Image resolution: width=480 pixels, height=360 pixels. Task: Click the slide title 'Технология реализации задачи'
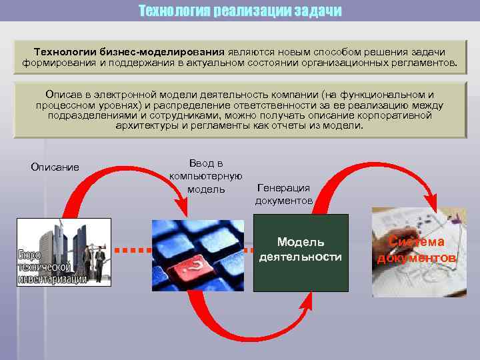pyautogui.click(x=240, y=11)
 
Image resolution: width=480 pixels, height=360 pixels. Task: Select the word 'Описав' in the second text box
pyautogui.click(x=63, y=95)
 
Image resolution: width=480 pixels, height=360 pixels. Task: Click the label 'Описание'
pyautogui.click(x=55, y=167)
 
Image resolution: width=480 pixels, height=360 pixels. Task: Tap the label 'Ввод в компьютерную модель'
pyautogui.click(x=205, y=175)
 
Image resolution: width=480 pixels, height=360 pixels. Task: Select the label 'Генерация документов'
pyautogui.click(x=283, y=194)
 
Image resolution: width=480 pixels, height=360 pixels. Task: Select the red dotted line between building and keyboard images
pyautogui.click(x=131, y=251)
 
